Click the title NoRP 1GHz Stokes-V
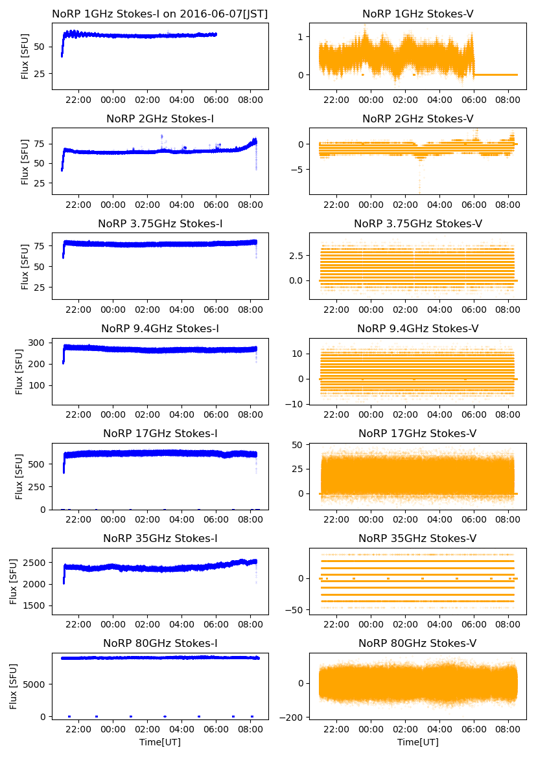(x=417, y=14)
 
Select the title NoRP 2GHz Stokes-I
(x=160, y=119)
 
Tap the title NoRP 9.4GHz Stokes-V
(x=417, y=328)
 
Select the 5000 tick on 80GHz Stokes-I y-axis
(x=35, y=684)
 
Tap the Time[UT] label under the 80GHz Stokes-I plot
(x=160, y=741)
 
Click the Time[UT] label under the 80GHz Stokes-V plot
(x=417, y=741)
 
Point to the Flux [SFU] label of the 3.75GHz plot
(x=25, y=266)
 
